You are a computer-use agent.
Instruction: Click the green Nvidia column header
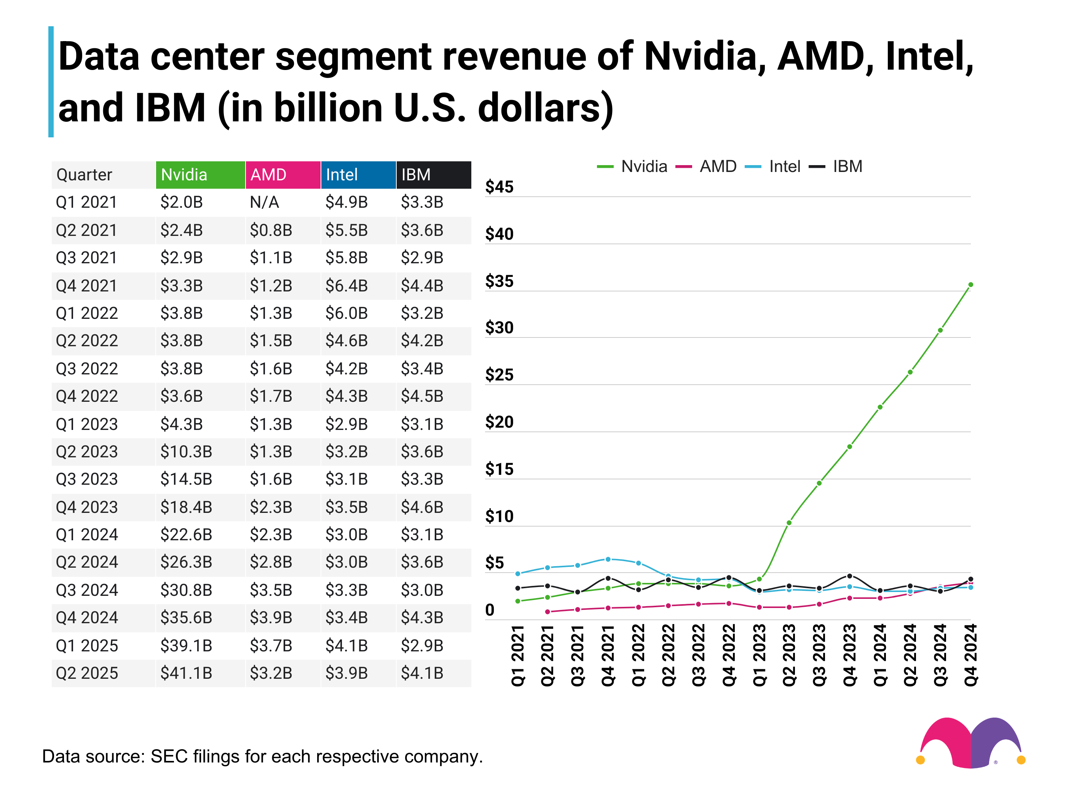pos(200,175)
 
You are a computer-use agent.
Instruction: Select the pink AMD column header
pos(282,175)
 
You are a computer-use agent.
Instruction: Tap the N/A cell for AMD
pos(265,202)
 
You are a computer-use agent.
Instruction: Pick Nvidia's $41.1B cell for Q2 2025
pos(186,673)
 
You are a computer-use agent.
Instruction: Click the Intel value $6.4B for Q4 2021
pos(346,286)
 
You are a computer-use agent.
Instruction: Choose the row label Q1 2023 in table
pos(87,424)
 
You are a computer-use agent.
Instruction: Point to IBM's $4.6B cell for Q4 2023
pos(422,507)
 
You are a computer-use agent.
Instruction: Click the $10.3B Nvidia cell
pos(186,452)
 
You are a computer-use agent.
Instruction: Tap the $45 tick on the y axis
pos(499,187)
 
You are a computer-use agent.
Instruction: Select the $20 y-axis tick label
pos(499,422)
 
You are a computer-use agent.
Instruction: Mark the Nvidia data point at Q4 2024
pos(970,285)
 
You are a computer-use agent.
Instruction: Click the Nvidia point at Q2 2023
pos(789,522)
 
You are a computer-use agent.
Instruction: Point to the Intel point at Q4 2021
pos(608,559)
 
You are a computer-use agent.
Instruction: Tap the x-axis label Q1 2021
pos(517,656)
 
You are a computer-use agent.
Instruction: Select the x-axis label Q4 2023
pos(850,656)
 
